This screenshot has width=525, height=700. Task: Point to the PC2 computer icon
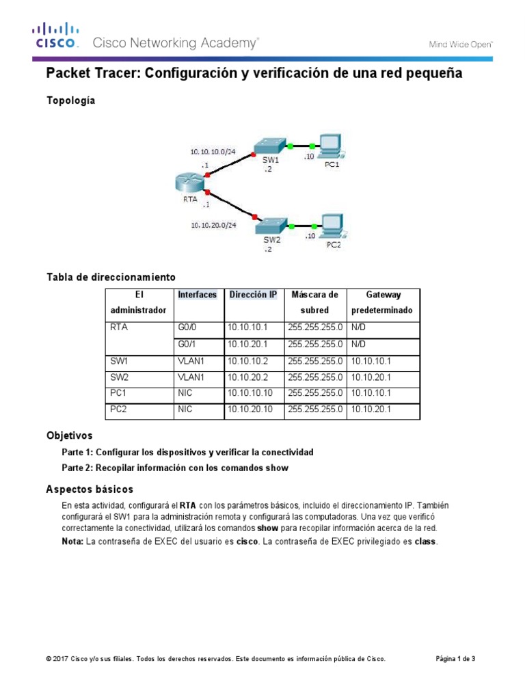[x=332, y=225]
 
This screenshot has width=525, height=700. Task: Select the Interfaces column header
[x=197, y=295]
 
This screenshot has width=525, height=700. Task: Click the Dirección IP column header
[x=253, y=295]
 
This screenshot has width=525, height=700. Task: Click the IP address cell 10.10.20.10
[x=251, y=409]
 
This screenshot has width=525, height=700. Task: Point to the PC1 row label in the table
[x=119, y=393]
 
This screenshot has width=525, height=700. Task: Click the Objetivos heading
[x=69, y=435]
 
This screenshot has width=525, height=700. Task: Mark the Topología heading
[x=70, y=100]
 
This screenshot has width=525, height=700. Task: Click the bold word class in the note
[x=425, y=541]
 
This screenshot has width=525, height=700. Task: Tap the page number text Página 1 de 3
[x=455, y=659]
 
